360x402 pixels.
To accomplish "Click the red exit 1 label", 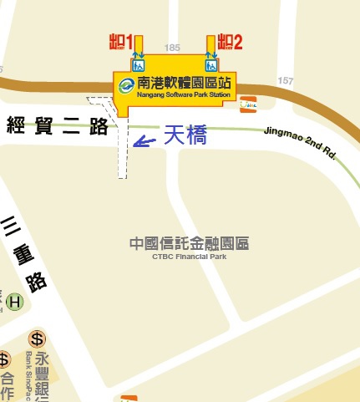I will (121, 41).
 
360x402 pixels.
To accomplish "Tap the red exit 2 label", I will (230, 41).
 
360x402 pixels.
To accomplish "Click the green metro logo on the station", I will (127, 84).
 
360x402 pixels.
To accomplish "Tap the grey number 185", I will (174, 48).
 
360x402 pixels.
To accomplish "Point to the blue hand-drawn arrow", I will (144, 141).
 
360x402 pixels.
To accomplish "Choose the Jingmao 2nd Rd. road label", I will (299, 141).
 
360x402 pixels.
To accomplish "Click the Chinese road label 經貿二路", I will (58, 127).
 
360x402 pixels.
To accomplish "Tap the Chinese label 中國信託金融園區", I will (190, 244).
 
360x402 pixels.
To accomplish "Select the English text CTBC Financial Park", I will (190, 257).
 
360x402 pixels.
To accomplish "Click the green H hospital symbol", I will (15, 302).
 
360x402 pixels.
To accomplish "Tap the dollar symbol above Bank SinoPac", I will (37, 338).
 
